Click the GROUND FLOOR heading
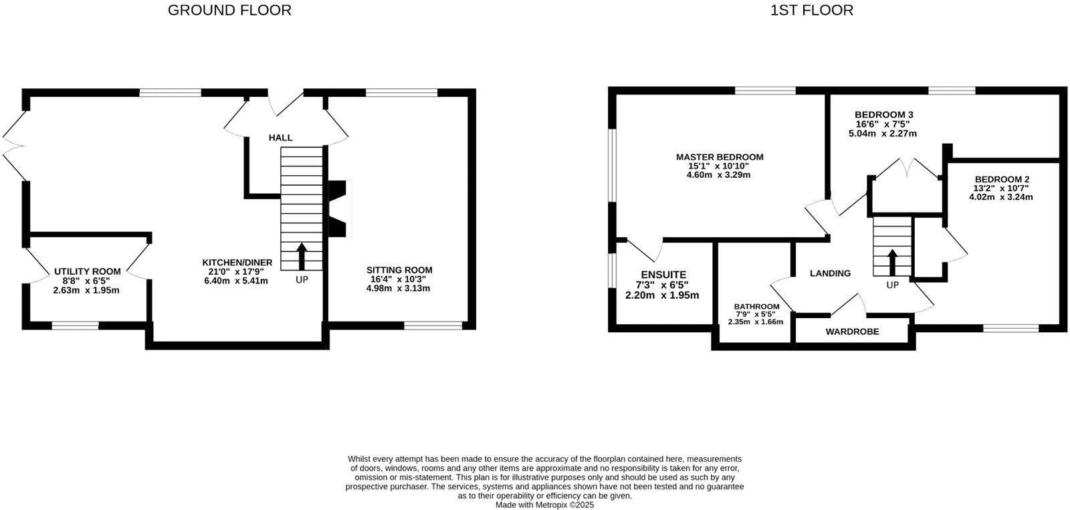tap(229, 10)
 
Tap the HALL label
tap(281, 138)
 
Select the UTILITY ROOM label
tap(88, 271)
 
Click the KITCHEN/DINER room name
tap(237, 263)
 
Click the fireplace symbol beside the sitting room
tap(340, 209)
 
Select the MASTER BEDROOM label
tap(720, 157)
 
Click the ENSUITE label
tap(663, 275)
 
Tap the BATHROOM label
tap(756, 307)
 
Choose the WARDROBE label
tap(852, 332)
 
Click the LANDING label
tap(830, 273)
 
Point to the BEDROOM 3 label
tap(884, 115)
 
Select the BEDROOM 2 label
tap(1002, 179)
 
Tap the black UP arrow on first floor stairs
tap(892, 261)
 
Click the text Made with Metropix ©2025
tap(544, 505)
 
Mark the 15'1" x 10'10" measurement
tap(719, 166)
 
